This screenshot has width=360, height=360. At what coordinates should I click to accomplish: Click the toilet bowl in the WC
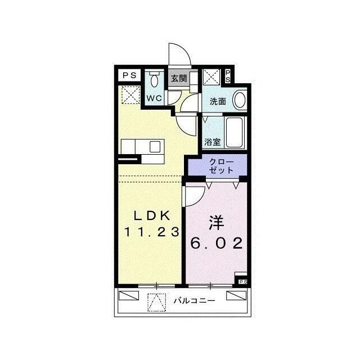coord(154,80)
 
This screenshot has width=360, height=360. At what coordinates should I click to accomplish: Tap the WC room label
coord(154,98)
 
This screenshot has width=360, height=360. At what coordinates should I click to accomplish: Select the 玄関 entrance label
coord(179,79)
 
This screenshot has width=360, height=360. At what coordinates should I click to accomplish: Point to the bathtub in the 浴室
coord(235,133)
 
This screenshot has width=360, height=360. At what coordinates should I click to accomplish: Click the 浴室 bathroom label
coord(213,142)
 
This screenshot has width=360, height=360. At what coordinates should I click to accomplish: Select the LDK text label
coord(152,215)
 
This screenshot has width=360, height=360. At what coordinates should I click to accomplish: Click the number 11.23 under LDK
coord(151,232)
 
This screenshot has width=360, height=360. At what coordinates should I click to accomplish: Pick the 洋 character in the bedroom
coord(216,223)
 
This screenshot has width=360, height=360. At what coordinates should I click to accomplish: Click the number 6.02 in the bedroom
coord(217,243)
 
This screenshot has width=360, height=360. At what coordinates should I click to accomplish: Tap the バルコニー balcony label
coord(194,300)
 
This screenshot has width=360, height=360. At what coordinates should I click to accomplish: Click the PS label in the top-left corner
coord(129,75)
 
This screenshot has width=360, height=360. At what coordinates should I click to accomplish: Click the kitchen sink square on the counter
coord(155,147)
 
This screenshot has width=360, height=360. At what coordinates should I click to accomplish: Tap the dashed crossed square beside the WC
coord(130,95)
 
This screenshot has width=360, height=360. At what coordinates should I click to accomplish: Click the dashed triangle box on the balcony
coord(156,303)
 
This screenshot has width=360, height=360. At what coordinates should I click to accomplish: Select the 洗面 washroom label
coord(218,101)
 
